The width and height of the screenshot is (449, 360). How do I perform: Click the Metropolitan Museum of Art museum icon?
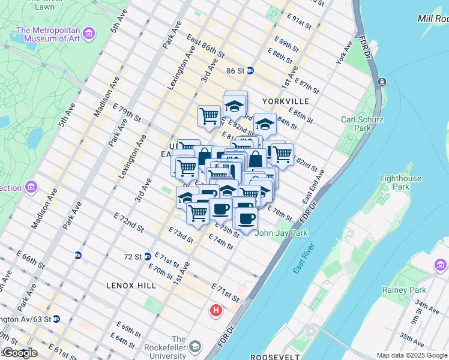coord(89,32)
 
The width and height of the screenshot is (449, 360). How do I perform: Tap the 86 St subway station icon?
coord(250,71)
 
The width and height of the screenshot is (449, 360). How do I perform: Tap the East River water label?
coord(304,259)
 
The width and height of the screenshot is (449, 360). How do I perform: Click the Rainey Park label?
coord(403,290)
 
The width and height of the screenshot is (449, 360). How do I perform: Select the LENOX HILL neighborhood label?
coord(131,286)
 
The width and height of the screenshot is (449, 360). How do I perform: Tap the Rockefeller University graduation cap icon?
coord(195,347)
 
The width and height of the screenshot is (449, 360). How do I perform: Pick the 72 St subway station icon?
coord(146,256)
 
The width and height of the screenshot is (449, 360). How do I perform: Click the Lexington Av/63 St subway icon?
coord(56,319)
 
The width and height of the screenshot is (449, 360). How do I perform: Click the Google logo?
coord(19,353)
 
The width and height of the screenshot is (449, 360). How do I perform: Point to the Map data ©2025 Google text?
coord(412,355)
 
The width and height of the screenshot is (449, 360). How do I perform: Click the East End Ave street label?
coord(313,187)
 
